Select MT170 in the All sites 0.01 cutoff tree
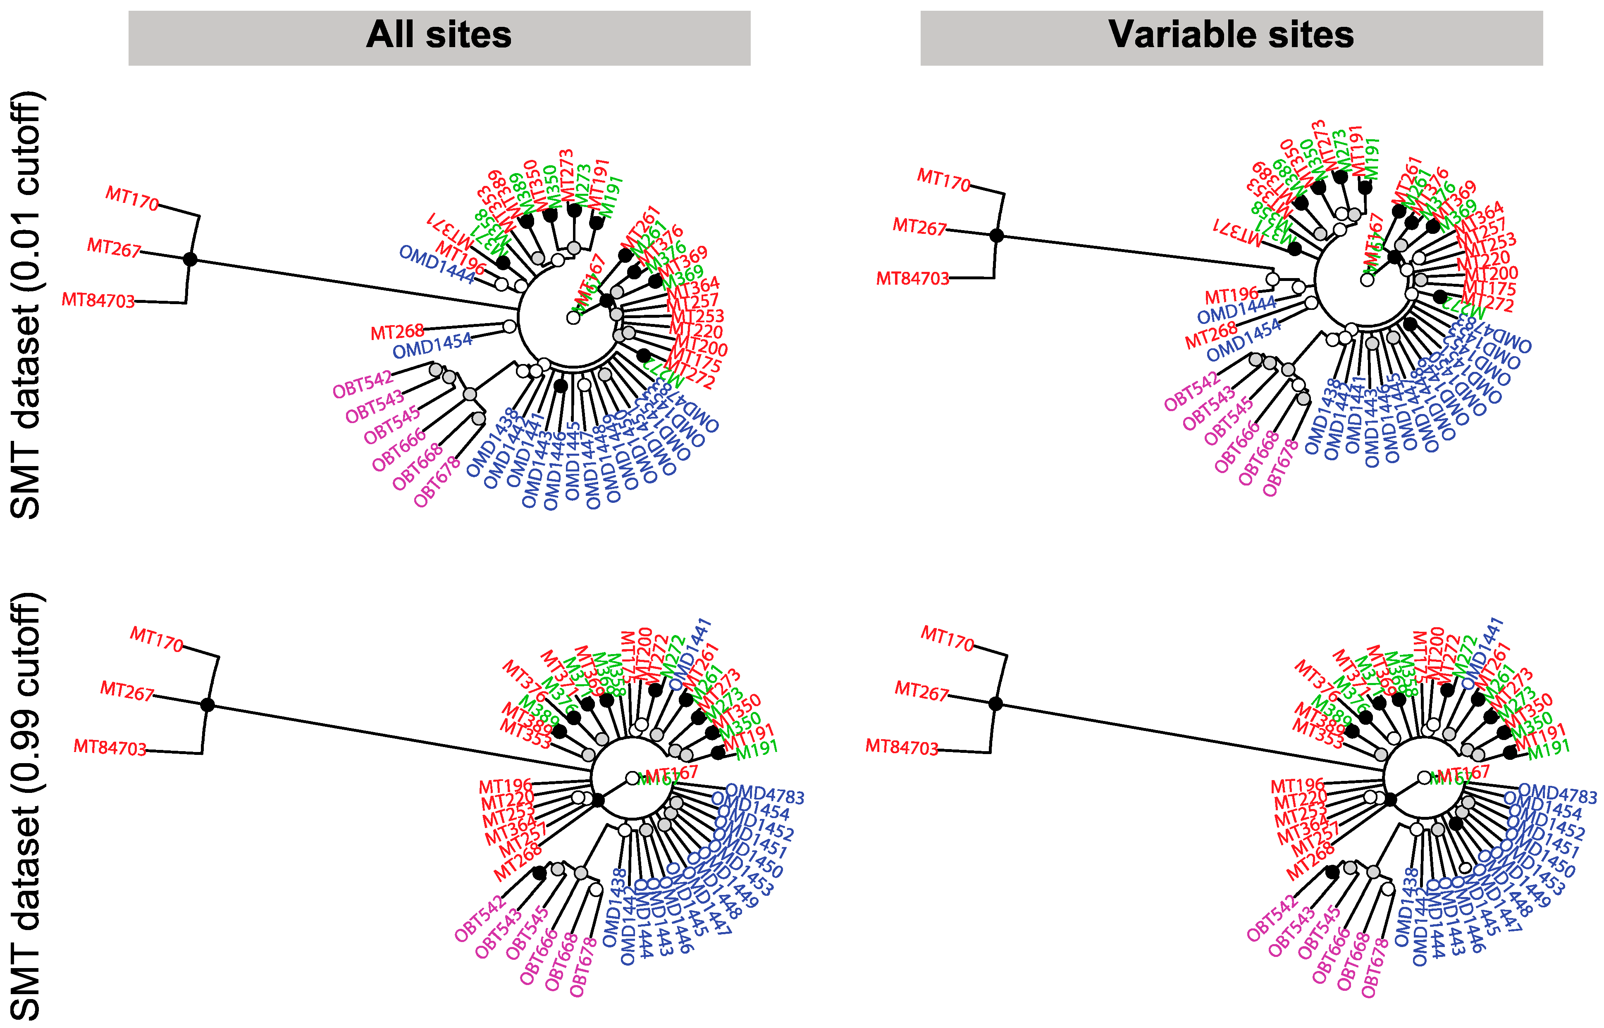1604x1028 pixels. [132, 198]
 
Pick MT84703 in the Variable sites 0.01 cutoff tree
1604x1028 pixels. [912, 278]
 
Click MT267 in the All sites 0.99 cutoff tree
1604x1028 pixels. [127, 692]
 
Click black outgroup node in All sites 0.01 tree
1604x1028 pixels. [190, 258]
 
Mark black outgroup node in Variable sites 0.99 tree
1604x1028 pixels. [995, 703]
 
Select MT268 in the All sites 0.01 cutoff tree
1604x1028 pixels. [397, 332]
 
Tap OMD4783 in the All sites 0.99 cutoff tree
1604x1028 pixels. [765, 795]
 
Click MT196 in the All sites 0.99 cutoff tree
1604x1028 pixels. [506, 786]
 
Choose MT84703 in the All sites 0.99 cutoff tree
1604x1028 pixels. [110, 747]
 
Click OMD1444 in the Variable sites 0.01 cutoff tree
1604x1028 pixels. [1236, 310]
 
